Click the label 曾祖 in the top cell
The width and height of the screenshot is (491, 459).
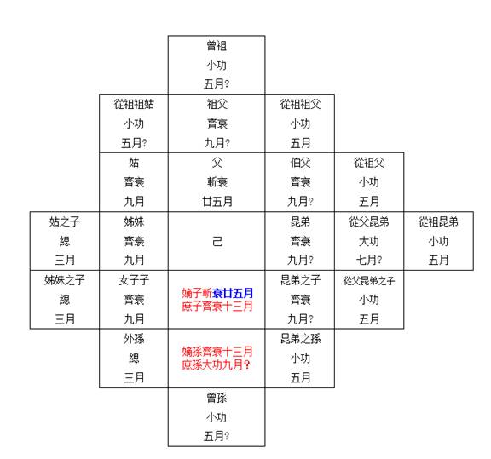217,46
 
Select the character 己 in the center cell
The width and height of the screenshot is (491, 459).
217,241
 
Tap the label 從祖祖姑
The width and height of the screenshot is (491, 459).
134,104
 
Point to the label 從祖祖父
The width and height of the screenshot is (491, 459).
300,104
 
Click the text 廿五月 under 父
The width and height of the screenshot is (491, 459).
217,202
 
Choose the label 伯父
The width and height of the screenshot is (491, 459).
300,163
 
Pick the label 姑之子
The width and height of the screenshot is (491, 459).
65,221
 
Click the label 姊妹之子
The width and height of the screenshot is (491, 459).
65,280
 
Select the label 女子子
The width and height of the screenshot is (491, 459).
134,280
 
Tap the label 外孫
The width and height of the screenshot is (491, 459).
134,339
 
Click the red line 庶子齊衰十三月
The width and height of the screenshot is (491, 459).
217,306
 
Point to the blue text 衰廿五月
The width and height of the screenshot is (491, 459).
233,293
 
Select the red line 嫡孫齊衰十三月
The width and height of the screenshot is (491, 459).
217,352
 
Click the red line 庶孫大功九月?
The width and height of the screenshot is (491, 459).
216,364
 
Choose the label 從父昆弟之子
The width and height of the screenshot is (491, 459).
369,281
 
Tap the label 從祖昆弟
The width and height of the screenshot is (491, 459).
438,221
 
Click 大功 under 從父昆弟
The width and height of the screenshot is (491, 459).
369,241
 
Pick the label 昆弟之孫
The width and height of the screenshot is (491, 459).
300,339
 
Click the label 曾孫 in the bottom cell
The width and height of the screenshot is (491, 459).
217,398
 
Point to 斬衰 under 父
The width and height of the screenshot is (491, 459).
217,182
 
